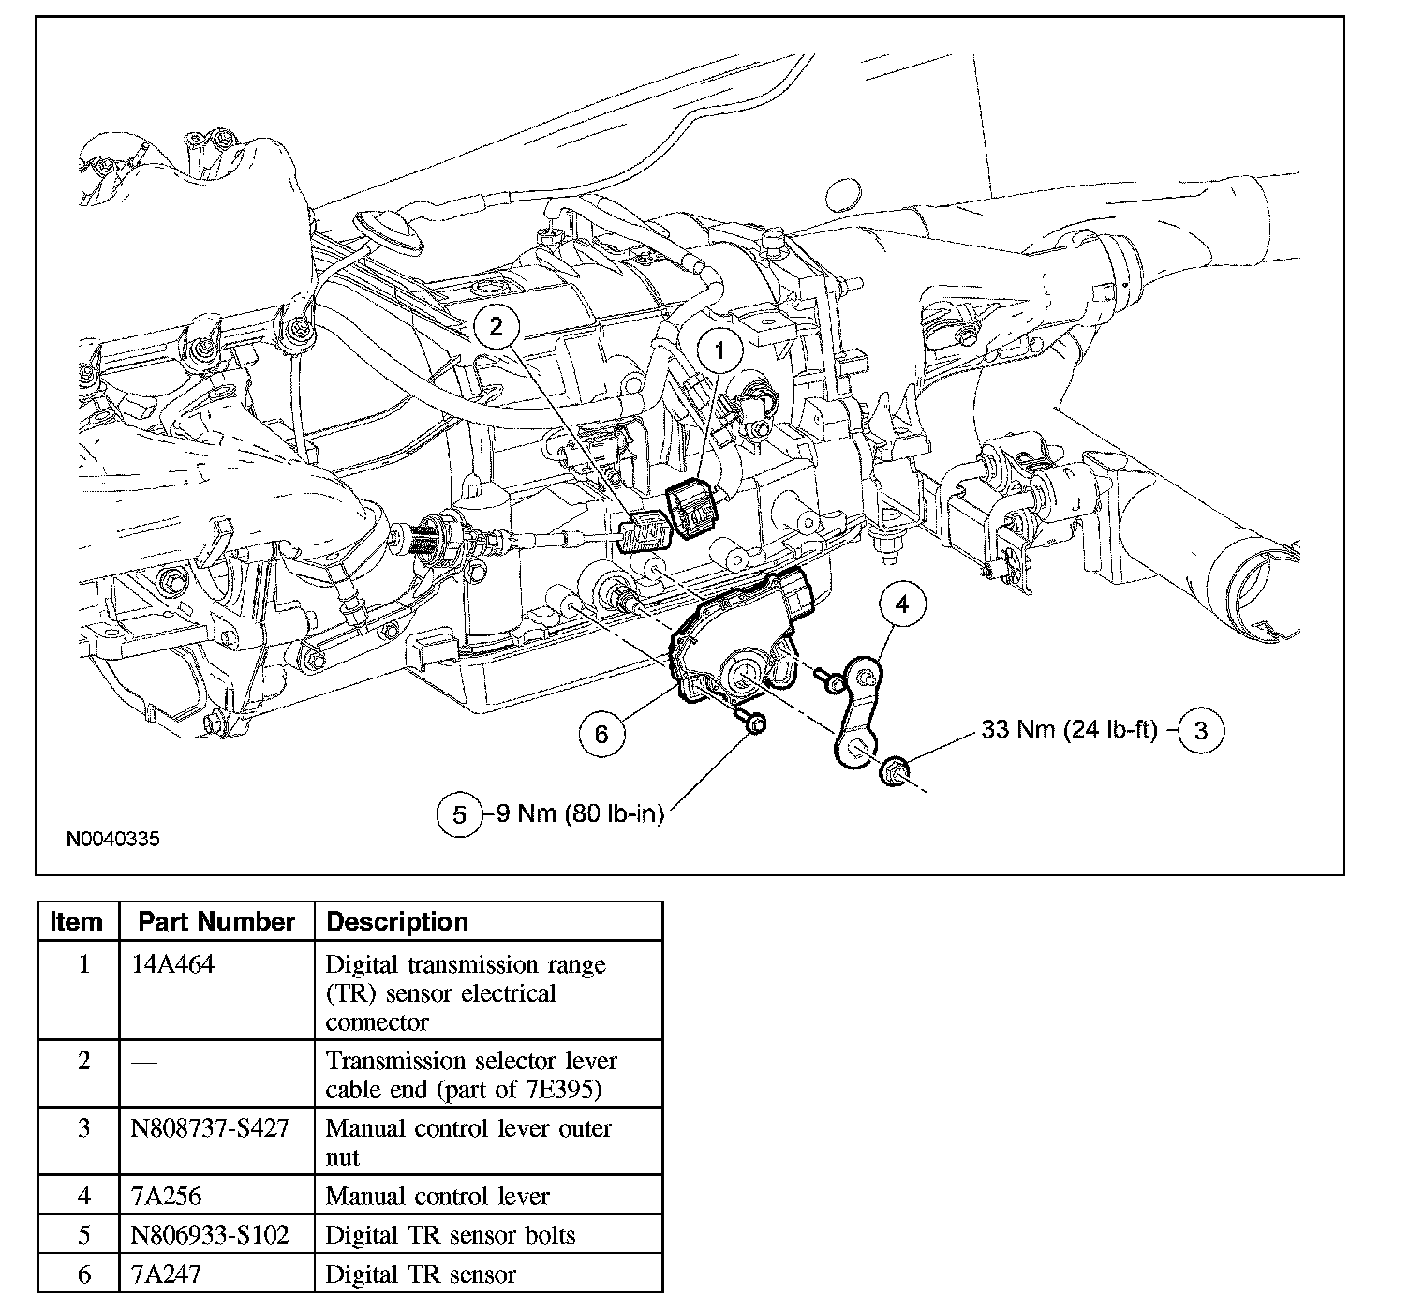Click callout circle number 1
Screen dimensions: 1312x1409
pyautogui.click(x=719, y=351)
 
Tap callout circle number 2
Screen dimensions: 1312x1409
pyautogui.click(x=496, y=325)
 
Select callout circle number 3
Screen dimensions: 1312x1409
pyautogui.click(x=1200, y=730)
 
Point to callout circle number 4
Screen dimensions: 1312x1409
pyautogui.click(x=901, y=605)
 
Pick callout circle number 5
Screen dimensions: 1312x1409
pyautogui.click(x=459, y=813)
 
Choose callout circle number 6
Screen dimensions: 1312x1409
pyautogui.click(x=601, y=733)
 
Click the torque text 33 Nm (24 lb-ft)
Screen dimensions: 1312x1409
pyautogui.click(x=1069, y=729)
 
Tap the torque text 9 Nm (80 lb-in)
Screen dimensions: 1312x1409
pyautogui.click(x=579, y=813)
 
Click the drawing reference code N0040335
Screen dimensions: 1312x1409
pyautogui.click(x=112, y=839)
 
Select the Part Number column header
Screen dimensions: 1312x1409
pyautogui.click(x=216, y=921)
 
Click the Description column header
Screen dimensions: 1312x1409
pyautogui.click(x=397, y=921)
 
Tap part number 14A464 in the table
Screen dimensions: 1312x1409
pyautogui.click(x=173, y=964)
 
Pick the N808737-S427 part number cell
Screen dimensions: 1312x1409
pyautogui.click(x=212, y=1128)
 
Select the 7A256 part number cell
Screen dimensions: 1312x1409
pyautogui.click(x=167, y=1196)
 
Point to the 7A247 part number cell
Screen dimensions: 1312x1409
pyautogui.click(x=167, y=1275)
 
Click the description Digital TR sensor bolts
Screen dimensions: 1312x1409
pyautogui.click(x=450, y=1235)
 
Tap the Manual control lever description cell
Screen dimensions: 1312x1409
pyautogui.click(x=437, y=1196)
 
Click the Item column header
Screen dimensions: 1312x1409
pyautogui.click(x=77, y=921)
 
